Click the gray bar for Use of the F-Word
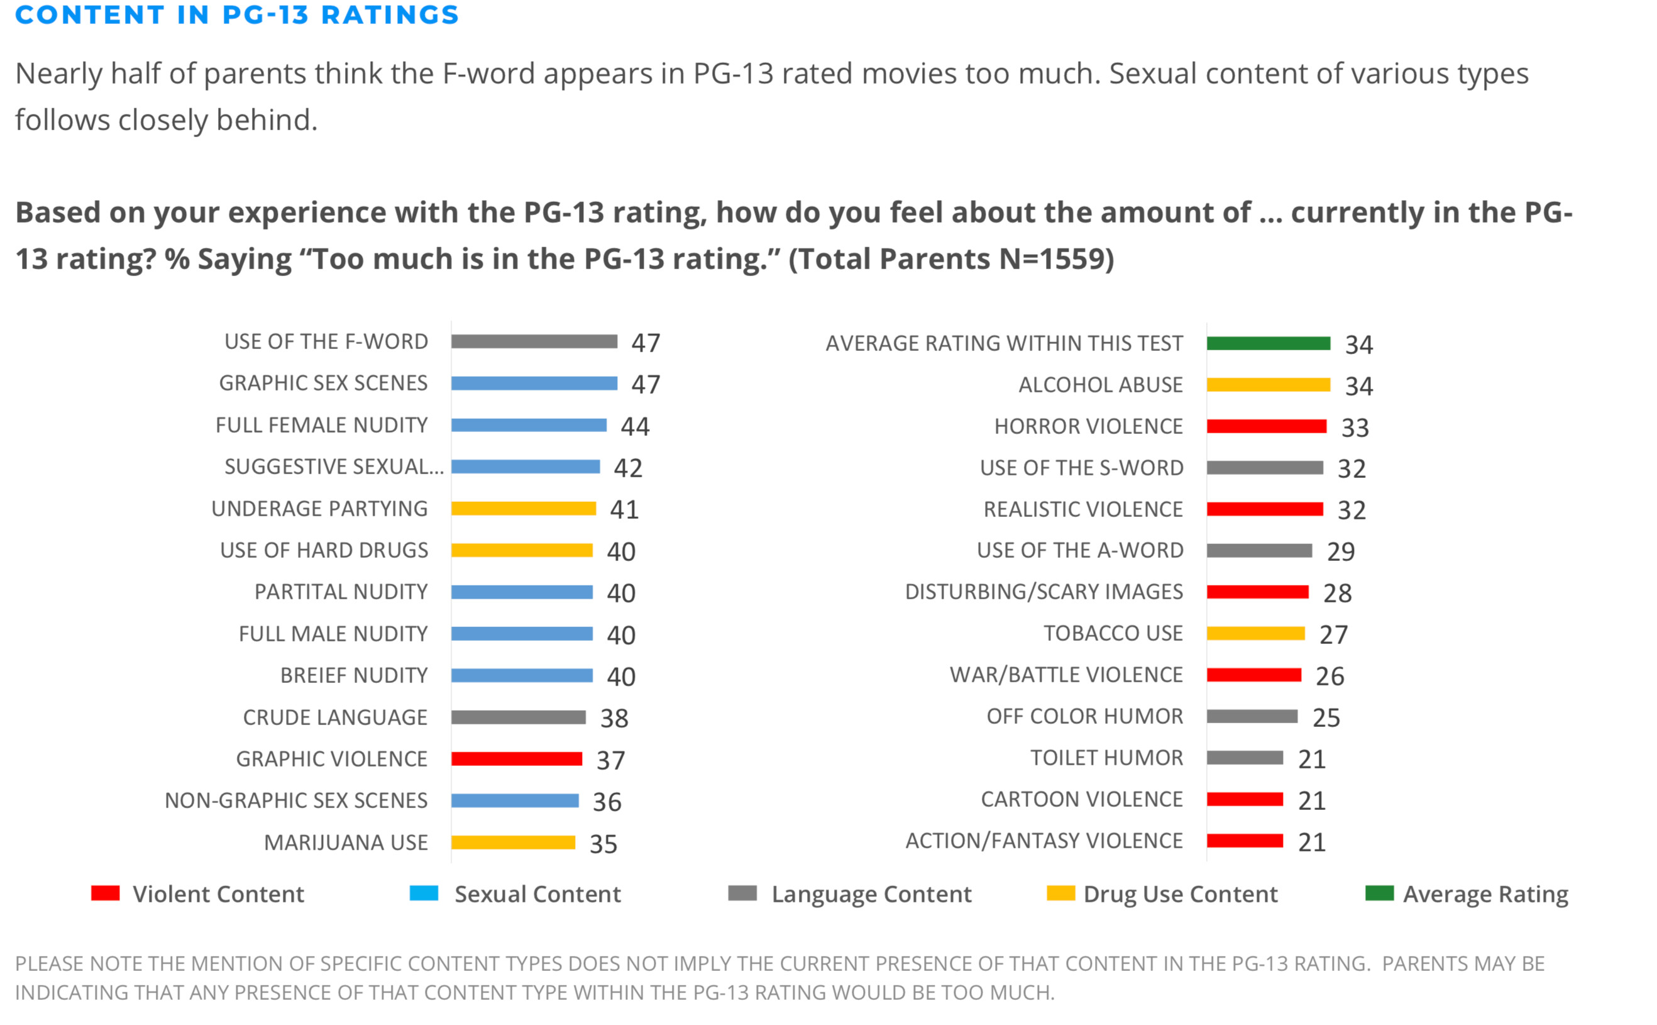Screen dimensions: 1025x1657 click(x=534, y=341)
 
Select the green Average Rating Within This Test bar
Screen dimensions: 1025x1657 click(x=1268, y=344)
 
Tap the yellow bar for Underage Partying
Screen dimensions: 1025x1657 click(x=523, y=509)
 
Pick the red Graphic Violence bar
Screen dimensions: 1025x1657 click(x=517, y=758)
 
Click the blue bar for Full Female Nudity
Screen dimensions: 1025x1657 click(x=529, y=425)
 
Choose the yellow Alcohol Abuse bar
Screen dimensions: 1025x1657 click(x=1268, y=385)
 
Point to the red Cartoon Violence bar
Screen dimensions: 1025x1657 click(x=1244, y=799)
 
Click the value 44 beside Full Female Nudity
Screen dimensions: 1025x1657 click(x=635, y=426)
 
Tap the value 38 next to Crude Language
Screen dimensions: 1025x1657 click(x=614, y=719)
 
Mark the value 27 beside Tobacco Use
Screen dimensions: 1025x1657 click(x=1333, y=635)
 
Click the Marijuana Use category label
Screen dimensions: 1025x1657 click(x=346, y=843)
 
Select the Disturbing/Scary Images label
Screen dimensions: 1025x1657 click(x=1043, y=592)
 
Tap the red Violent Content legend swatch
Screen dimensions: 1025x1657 click(x=106, y=894)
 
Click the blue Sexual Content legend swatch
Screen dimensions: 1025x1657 click(x=424, y=894)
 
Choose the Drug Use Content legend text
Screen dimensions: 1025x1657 click(x=1180, y=895)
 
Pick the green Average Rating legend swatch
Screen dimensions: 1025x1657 click(x=1379, y=894)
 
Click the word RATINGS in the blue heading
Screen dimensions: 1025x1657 click(x=390, y=15)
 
